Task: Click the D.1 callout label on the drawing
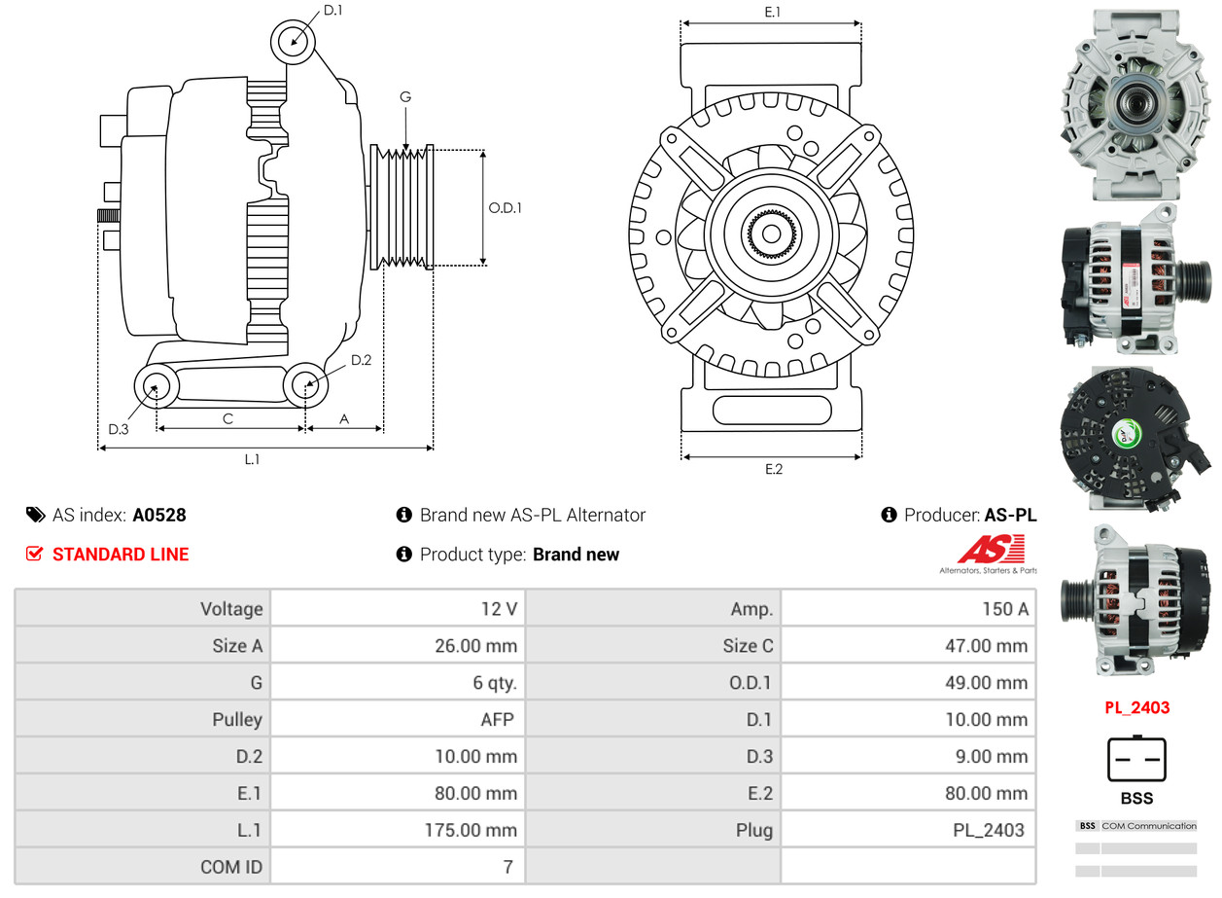point(332,11)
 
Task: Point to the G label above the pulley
point(405,96)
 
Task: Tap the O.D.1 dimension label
point(505,207)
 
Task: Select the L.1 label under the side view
point(252,459)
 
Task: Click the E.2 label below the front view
point(773,469)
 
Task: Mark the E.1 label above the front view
point(773,12)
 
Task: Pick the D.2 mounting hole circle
point(306,385)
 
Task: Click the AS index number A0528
point(159,515)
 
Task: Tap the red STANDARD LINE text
point(121,555)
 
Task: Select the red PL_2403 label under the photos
point(1136,707)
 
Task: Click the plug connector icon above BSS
point(1136,759)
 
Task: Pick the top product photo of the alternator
point(1136,105)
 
